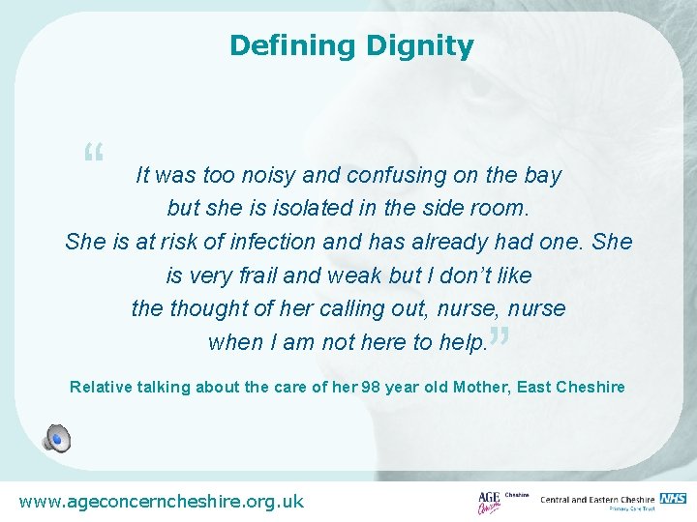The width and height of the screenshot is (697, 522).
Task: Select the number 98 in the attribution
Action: coord(371,387)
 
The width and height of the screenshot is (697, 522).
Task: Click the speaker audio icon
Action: coord(56,438)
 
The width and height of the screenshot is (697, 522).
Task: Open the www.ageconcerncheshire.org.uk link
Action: coord(162,501)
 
